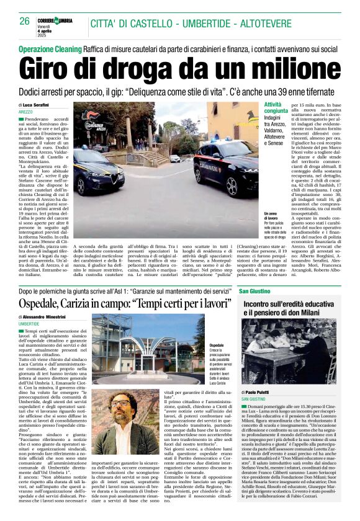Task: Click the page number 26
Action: [x=25, y=20]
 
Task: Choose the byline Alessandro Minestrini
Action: [x=50, y=317]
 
